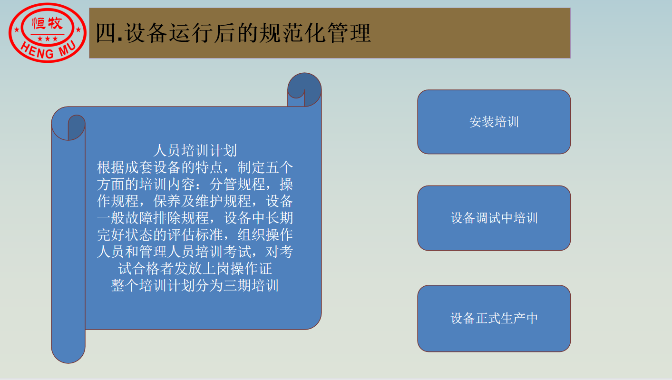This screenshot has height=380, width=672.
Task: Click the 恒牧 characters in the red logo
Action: tap(48, 23)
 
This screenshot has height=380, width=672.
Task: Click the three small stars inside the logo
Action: tap(48, 39)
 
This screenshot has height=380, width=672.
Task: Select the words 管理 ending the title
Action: tap(349, 33)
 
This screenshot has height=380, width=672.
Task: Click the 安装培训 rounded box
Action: tap(494, 122)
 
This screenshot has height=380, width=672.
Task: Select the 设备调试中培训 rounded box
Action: tap(494, 218)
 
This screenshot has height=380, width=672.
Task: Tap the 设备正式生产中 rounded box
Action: tap(494, 318)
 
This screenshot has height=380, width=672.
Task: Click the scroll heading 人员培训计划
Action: tap(195, 151)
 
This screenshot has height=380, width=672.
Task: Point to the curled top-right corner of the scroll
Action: tap(304, 89)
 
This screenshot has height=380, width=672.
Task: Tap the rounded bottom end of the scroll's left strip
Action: tap(68, 354)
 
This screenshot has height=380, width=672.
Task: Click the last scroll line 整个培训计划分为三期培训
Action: tap(195, 285)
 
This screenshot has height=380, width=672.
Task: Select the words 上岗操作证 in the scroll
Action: tap(237, 269)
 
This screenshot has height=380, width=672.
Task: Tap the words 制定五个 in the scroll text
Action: tap(265, 167)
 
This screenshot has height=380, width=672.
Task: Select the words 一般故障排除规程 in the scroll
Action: tap(153, 218)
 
